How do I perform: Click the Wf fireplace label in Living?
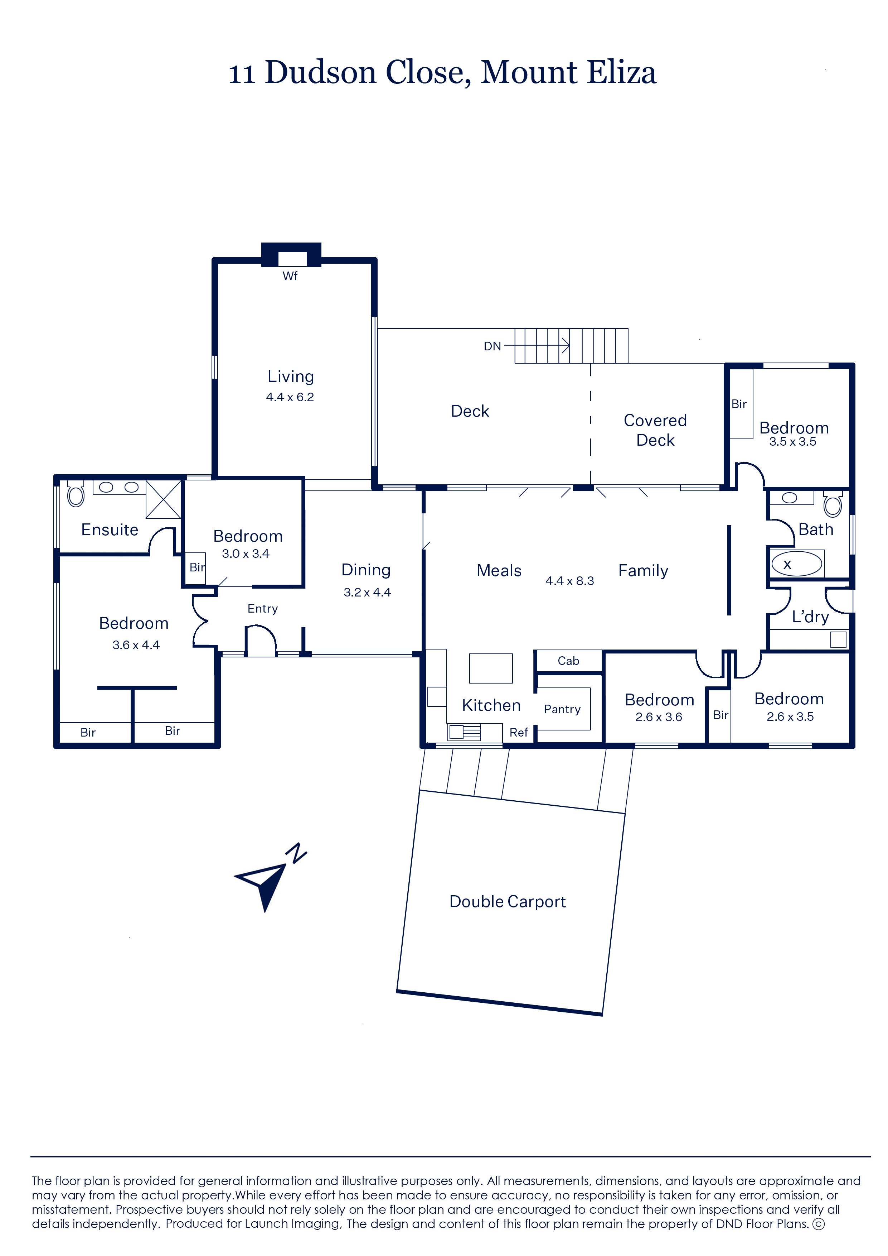(x=290, y=276)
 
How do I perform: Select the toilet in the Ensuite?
(x=76, y=494)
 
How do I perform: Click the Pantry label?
(x=562, y=709)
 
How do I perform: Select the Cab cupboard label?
(x=568, y=661)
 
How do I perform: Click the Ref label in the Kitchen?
(x=518, y=732)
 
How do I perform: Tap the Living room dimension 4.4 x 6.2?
(x=290, y=397)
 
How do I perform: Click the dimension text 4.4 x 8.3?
(x=570, y=581)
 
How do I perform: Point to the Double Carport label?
(x=508, y=901)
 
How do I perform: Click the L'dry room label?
(x=810, y=617)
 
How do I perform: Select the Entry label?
(x=262, y=609)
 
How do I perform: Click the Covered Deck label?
(x=655, y=430)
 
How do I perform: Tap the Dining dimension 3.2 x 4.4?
(x=367, y=592)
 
